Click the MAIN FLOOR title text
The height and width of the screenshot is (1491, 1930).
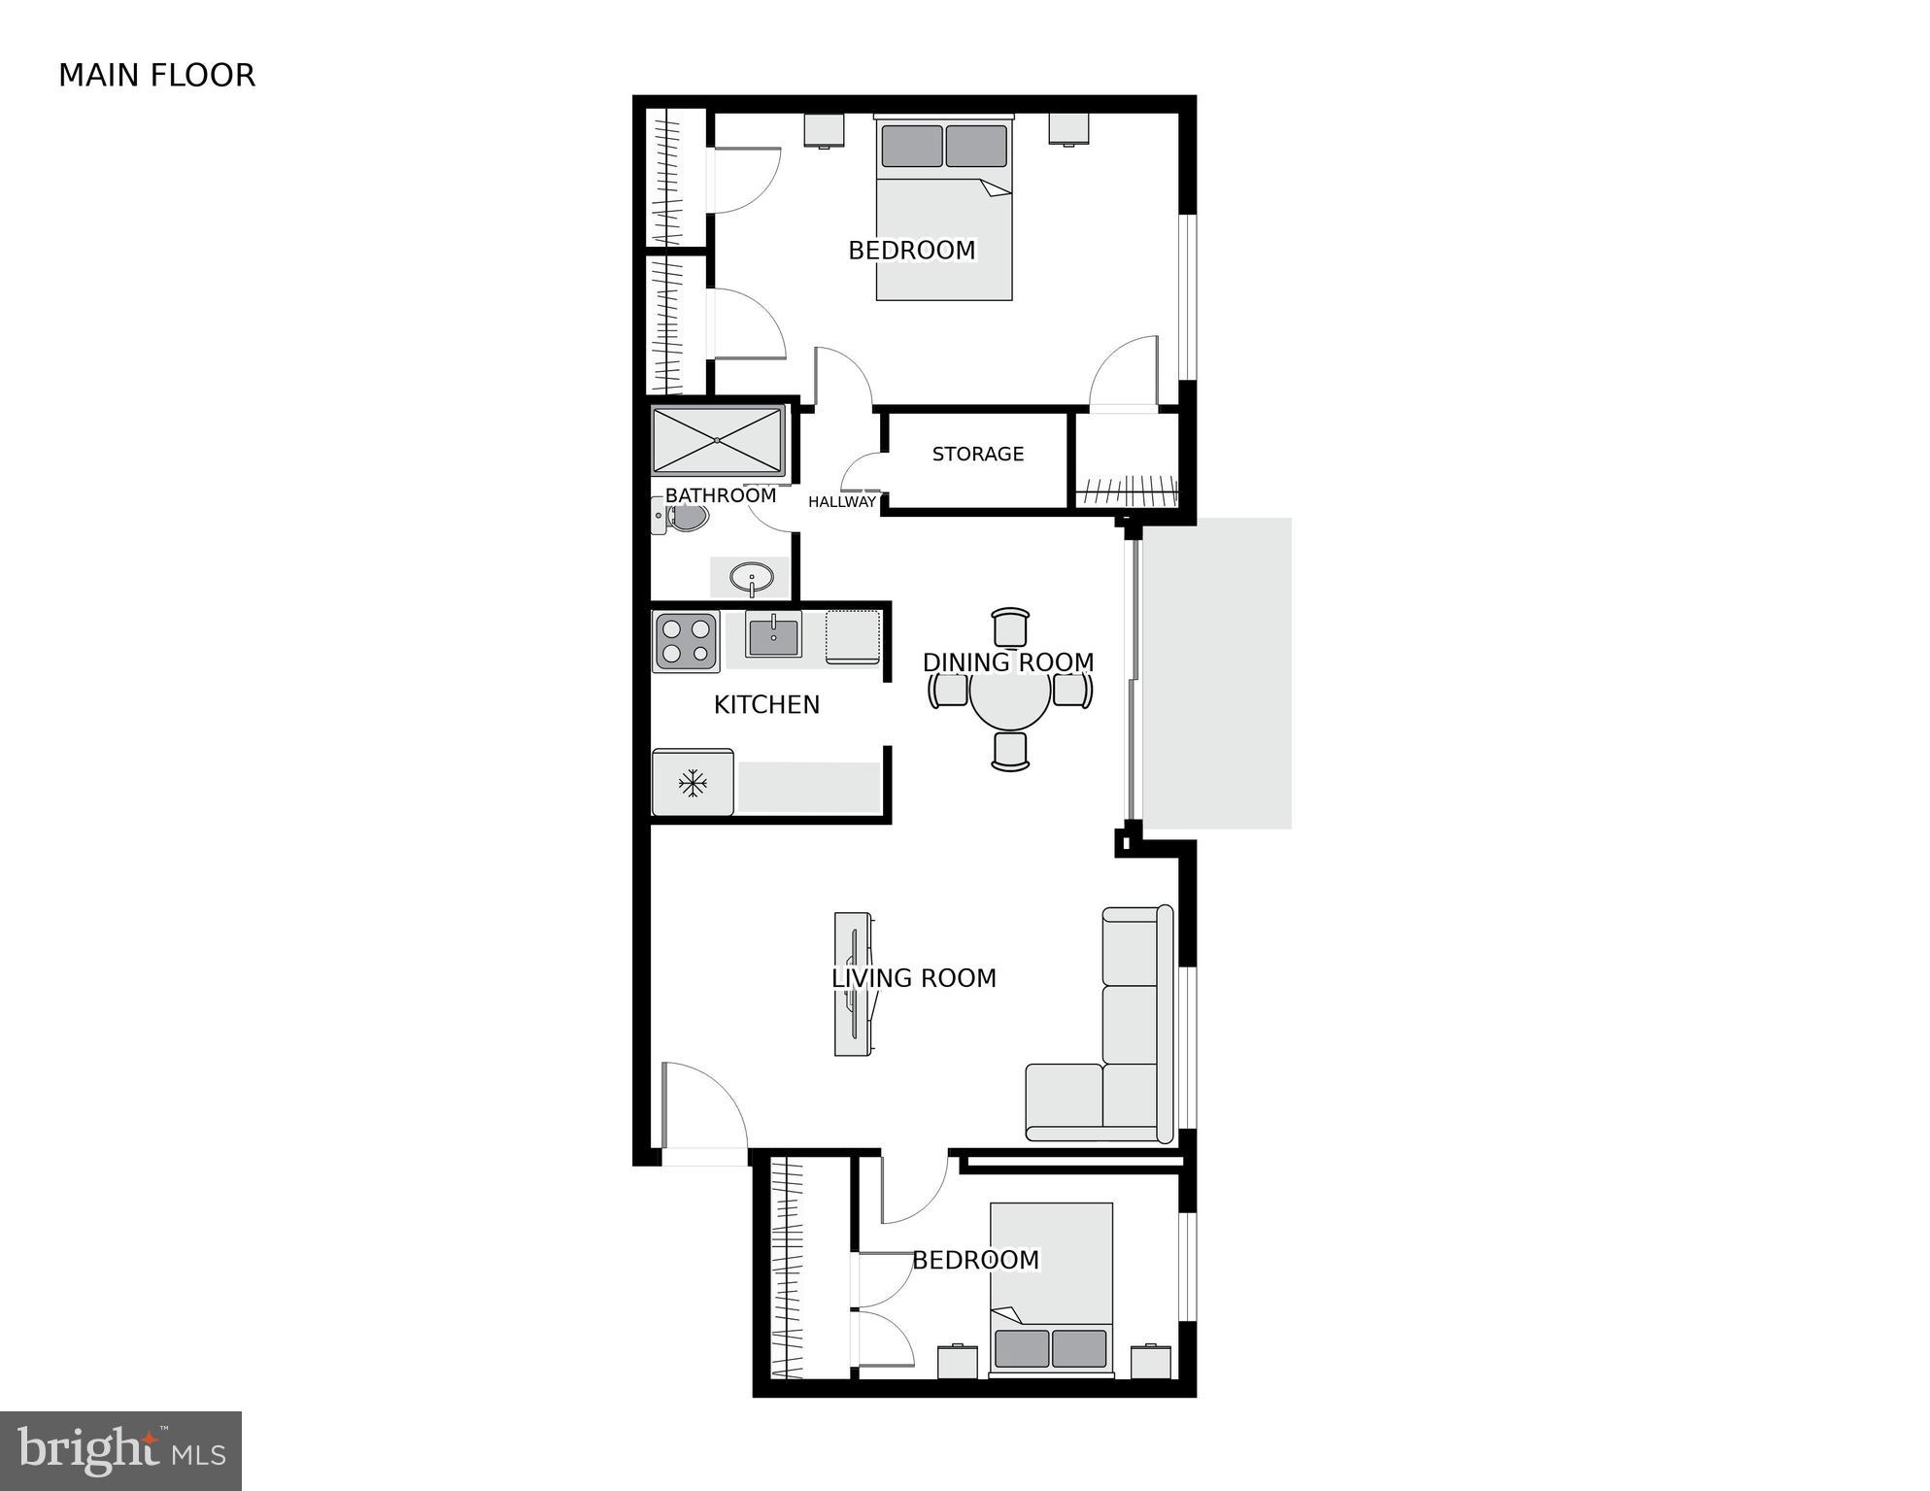pyautogui.click(x=156, y=76)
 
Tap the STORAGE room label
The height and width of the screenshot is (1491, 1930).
pyautogui.click(x=977, y=454)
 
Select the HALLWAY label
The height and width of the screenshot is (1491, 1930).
pyautogui.click(x=841, y=502)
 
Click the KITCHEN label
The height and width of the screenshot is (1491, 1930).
pyautogui.click(x=766, y=704)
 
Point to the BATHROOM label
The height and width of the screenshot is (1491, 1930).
pyautogui.click(x=720, y=495)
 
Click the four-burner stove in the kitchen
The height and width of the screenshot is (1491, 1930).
pyautogui.click(x=686, y=641)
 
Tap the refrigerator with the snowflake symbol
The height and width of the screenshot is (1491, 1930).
pyautogui.click(x=693, y=783)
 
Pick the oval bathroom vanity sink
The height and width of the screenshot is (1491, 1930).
pyautogui.click(x=751, y=578)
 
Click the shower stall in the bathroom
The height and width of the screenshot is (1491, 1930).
pyautogui.click(x=718, y=441)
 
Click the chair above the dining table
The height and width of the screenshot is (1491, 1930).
pyautogui.click(x=1010, y=627)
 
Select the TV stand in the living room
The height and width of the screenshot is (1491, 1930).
pyautogui.click(x=853, y=983)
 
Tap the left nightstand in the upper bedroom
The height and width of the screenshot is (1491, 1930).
pyautogui.click(x=824, y=130)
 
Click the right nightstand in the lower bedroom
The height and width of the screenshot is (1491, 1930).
pyautogui.click(x=1151, y=1362)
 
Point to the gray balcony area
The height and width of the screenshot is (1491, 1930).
pyautogui.click(x=1216, y=673)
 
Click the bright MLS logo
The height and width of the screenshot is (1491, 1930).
pyautogui.click(x=120, y=1451)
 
